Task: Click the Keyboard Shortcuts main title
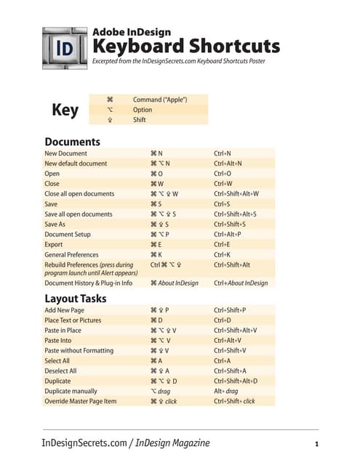[185, 46]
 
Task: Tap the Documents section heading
[72, 141]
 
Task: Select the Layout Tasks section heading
[76, 298]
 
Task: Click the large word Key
[65, 110]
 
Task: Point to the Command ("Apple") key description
[160, 100]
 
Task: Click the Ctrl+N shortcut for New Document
[222, 154]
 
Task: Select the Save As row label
[57, 225]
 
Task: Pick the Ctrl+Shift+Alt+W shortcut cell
[236, 194]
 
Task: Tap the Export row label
[55, 245]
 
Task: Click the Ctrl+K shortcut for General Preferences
[222, 255]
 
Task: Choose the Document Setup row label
[68, 235]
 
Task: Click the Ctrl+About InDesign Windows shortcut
[240, 283]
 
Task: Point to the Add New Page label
[65, 310]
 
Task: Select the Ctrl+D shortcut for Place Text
[222, 320]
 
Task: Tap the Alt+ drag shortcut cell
[225, 391]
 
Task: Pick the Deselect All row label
[61, 371]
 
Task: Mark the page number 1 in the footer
[317, 444]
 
